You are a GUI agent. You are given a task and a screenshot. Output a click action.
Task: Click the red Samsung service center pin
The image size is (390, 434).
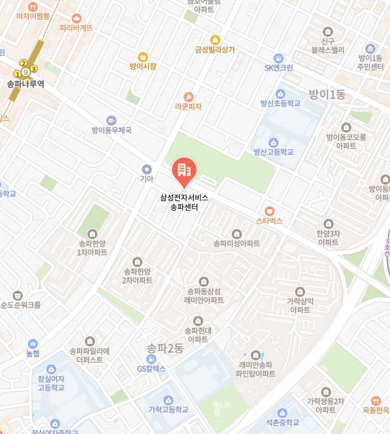pyautogui.click(x=184, y=170)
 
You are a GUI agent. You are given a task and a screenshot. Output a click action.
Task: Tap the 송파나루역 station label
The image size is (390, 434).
pyautogui.click(x=25, y=83)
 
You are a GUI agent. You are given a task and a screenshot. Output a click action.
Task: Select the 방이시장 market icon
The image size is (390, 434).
pyautogui.click(x=142, y=56)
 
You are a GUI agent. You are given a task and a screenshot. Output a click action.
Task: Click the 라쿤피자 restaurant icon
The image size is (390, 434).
pyautogui.click(x=188, y=96)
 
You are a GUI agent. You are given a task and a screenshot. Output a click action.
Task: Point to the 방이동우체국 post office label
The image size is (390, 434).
pyautogui.click(x=111, y=130)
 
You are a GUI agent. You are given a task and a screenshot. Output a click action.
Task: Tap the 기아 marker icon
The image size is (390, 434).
pyautogui.click(x=147, y=169)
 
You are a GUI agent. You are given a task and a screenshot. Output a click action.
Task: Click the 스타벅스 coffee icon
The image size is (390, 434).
pyautogui.click(x=270, y=211)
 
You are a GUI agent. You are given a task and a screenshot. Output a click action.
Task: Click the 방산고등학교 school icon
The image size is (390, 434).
pyautogui.click(x=274, y=141)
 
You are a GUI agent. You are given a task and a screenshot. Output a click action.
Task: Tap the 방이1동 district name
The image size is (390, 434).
pyautogui.click(x=327, y=95)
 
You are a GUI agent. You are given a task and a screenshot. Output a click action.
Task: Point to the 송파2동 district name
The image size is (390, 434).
pyautogui.click(x=165, y=348)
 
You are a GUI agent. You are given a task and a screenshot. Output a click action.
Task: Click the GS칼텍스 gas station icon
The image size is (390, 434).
pyautogui.click(x=151, y=358)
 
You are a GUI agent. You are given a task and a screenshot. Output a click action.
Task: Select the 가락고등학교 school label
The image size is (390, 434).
pyautogui.click(x=168, y=409)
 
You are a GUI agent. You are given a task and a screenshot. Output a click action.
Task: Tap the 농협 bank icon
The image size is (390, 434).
pyautogui.click(x=33, y=343)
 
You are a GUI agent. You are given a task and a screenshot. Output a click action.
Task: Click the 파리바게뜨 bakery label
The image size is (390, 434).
pyautogui.click(x=76, y=28)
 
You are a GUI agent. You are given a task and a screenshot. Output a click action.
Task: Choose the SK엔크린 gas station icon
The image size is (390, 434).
pyautogui.click(x=279, y=58)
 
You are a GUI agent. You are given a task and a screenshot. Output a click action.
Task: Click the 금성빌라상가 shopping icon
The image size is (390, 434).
pyautogui.click(x=215, y=39)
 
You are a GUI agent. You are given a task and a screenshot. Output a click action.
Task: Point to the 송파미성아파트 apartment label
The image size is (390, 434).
pyautogui.click(x=236, y=243)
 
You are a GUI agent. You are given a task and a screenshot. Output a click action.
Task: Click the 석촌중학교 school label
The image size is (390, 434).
pyautogui.click(x=282, y=422)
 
